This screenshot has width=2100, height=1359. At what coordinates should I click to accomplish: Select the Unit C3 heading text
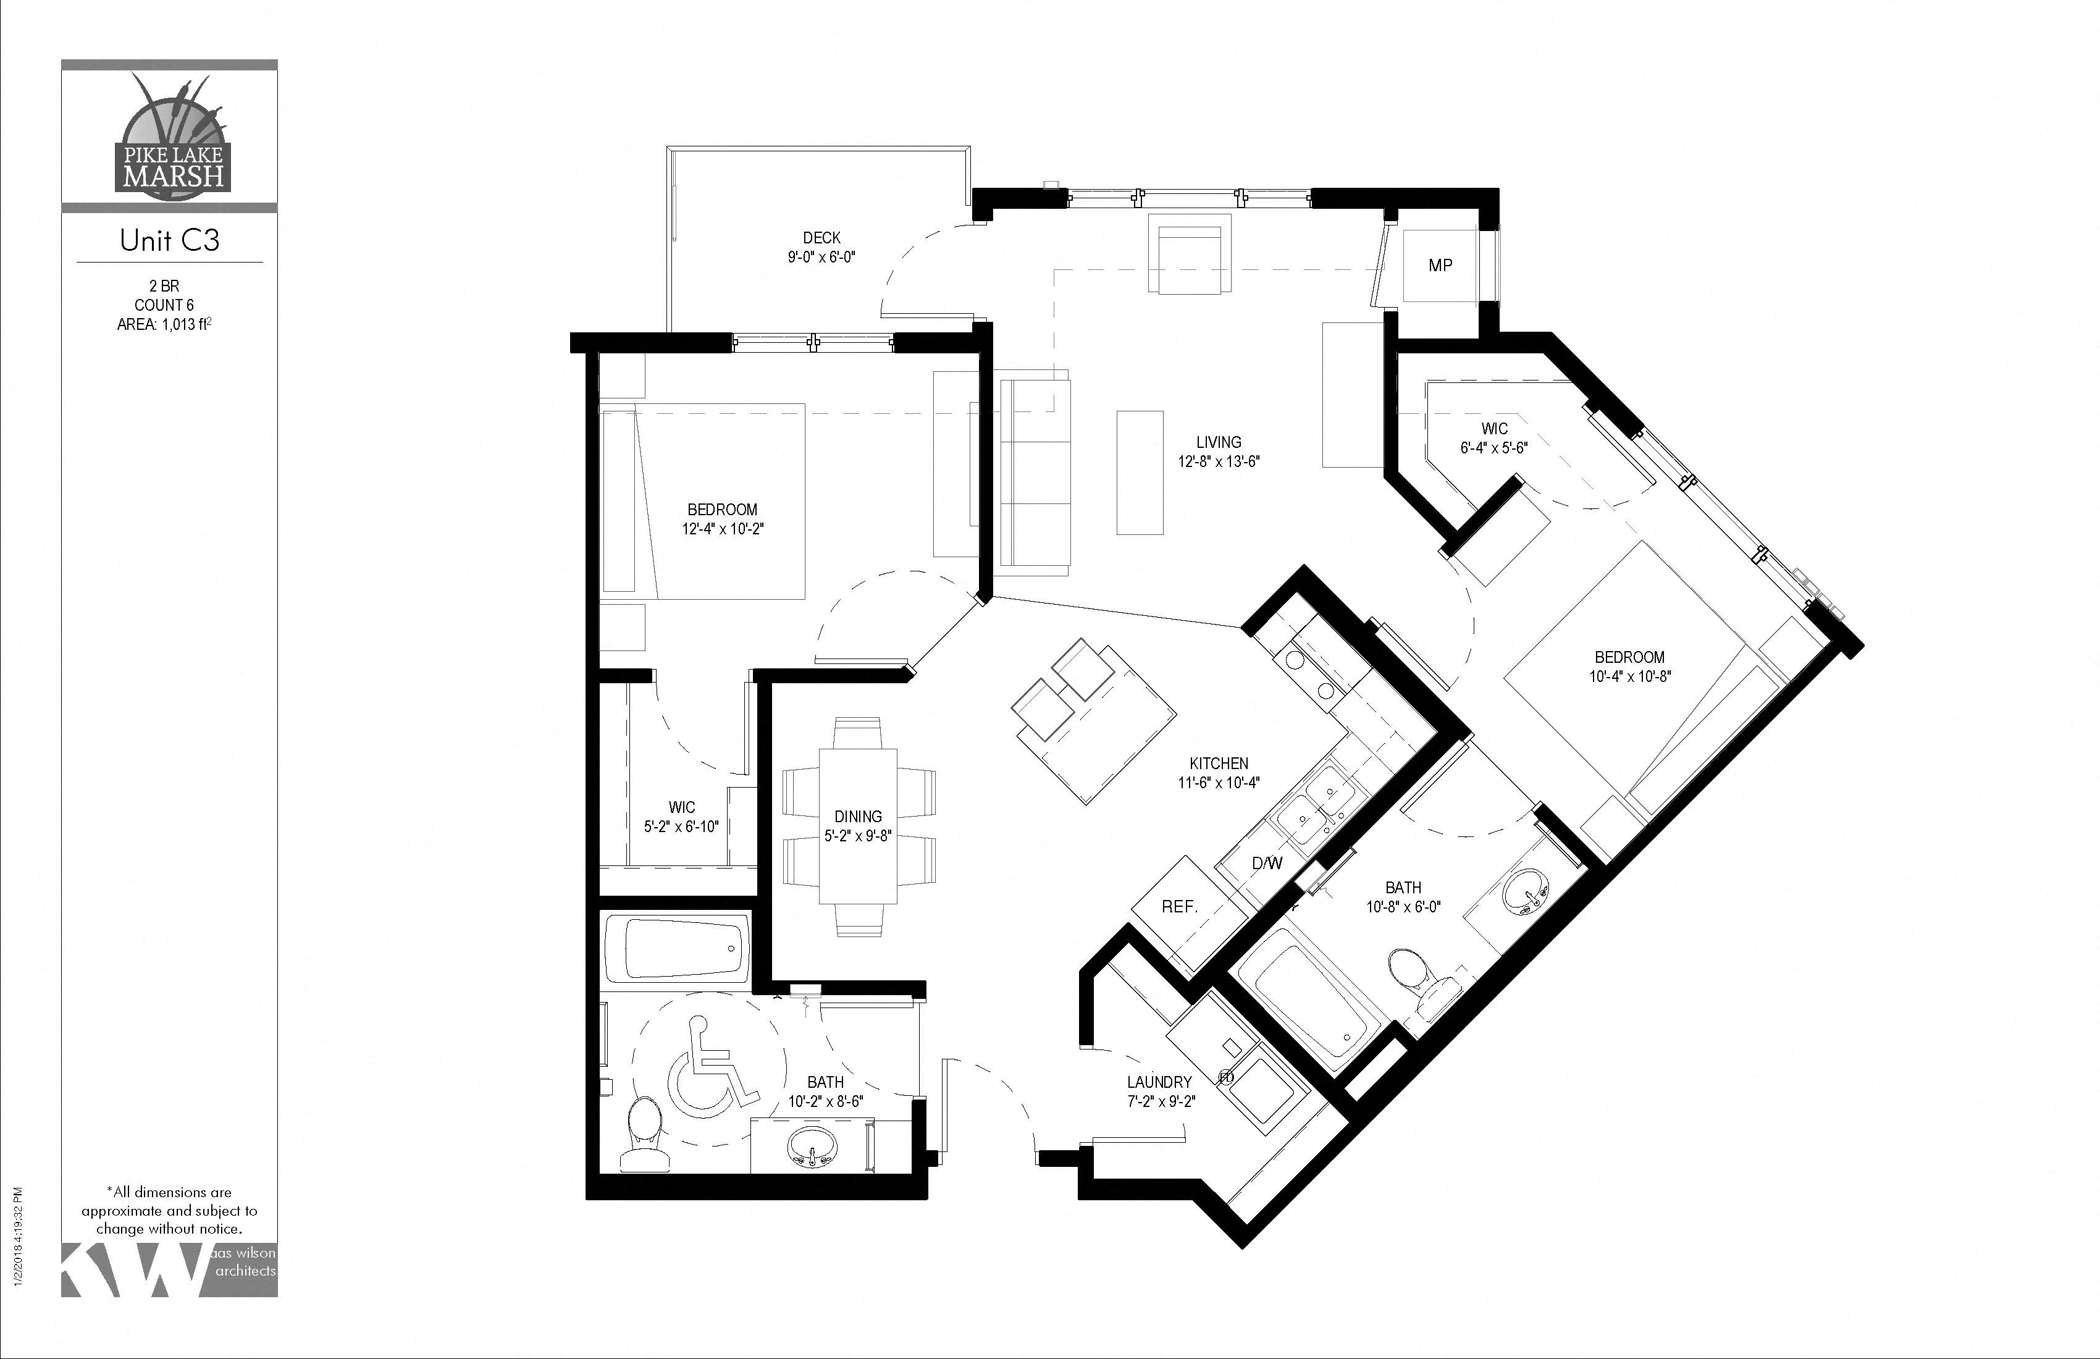[x=169, y=240]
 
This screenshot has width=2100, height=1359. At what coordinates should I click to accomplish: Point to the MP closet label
[x=1440, y=265]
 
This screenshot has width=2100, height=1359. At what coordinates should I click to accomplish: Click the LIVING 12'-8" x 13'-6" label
[x=1219, y=451]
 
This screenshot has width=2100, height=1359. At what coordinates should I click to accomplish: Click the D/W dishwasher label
[x=1266, y=863]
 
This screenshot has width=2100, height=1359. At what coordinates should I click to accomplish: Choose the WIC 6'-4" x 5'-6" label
[x=1494, y=438]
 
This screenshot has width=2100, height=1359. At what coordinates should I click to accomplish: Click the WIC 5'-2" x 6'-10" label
[x=681, y=816]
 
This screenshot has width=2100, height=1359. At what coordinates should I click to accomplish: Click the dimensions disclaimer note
[x=169, y=1210]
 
